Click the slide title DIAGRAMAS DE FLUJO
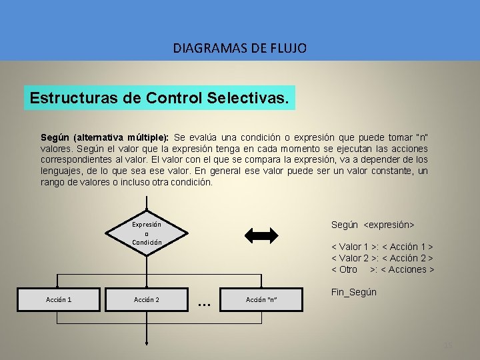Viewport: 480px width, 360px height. tap(239, 48)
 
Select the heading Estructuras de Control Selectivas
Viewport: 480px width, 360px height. tap(159, 99)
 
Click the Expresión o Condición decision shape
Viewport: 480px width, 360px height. tap(146, 233)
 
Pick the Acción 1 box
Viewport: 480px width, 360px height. tap(59, 299)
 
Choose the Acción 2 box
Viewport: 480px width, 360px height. tap(146, 299)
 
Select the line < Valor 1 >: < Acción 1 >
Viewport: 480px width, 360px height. tap(383, 247)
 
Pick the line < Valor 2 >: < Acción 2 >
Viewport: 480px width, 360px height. tap(383, 258)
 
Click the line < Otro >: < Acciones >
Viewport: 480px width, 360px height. tap(383, 269)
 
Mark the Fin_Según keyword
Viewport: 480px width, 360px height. tap(354, 292)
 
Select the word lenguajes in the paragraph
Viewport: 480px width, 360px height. tap(60, 171)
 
